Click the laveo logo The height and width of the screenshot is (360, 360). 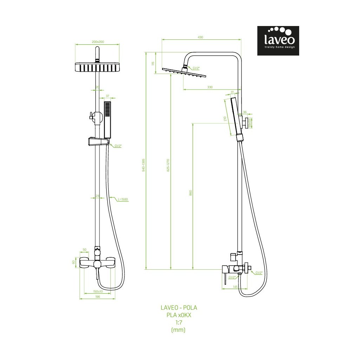tap(278, 40)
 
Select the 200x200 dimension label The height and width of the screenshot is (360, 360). tap(98, 42)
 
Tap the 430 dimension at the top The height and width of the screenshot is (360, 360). tap(200, 37)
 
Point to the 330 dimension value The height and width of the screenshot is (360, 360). tap(210, 87)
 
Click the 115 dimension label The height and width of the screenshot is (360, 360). tap(153, 64)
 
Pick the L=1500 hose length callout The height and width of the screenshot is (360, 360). tap(123, 199)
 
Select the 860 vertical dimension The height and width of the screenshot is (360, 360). tap(190, 193)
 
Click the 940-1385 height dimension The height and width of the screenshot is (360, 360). tap(143, 164)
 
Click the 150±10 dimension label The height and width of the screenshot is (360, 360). tap(98, 291)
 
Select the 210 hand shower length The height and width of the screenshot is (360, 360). tap(225, 119)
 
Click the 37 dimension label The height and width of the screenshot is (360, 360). tap(108, 96)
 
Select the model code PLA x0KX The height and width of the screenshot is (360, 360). tap(179, 315)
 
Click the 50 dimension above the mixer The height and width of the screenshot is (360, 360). tap(84, 250)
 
